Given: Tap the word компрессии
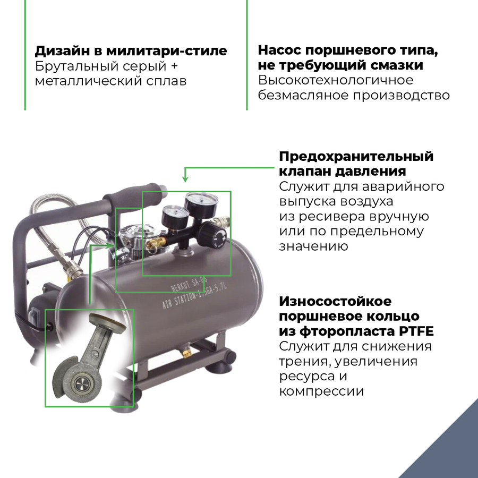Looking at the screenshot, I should click(x=321, y=391).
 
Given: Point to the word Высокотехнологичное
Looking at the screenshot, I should click(x=336, y=81).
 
